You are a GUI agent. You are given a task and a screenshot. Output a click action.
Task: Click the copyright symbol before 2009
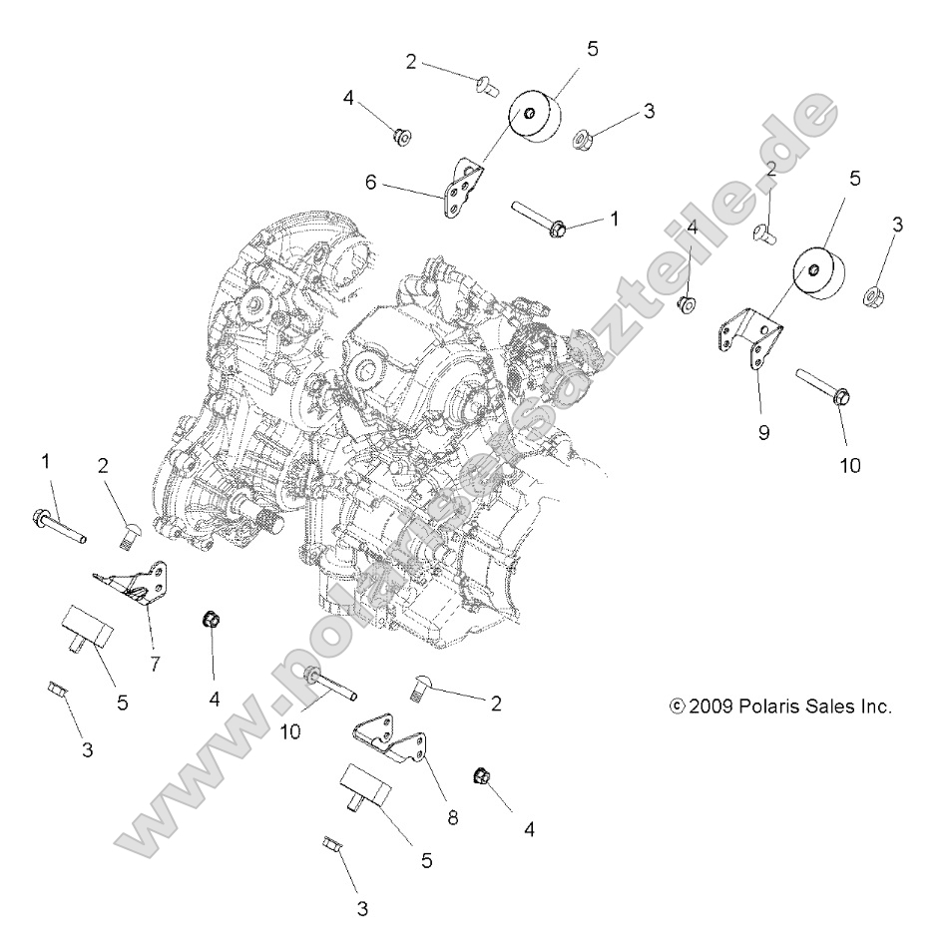click(x=678, y=707)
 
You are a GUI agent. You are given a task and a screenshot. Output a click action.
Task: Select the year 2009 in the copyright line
click(x=712, y=707)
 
